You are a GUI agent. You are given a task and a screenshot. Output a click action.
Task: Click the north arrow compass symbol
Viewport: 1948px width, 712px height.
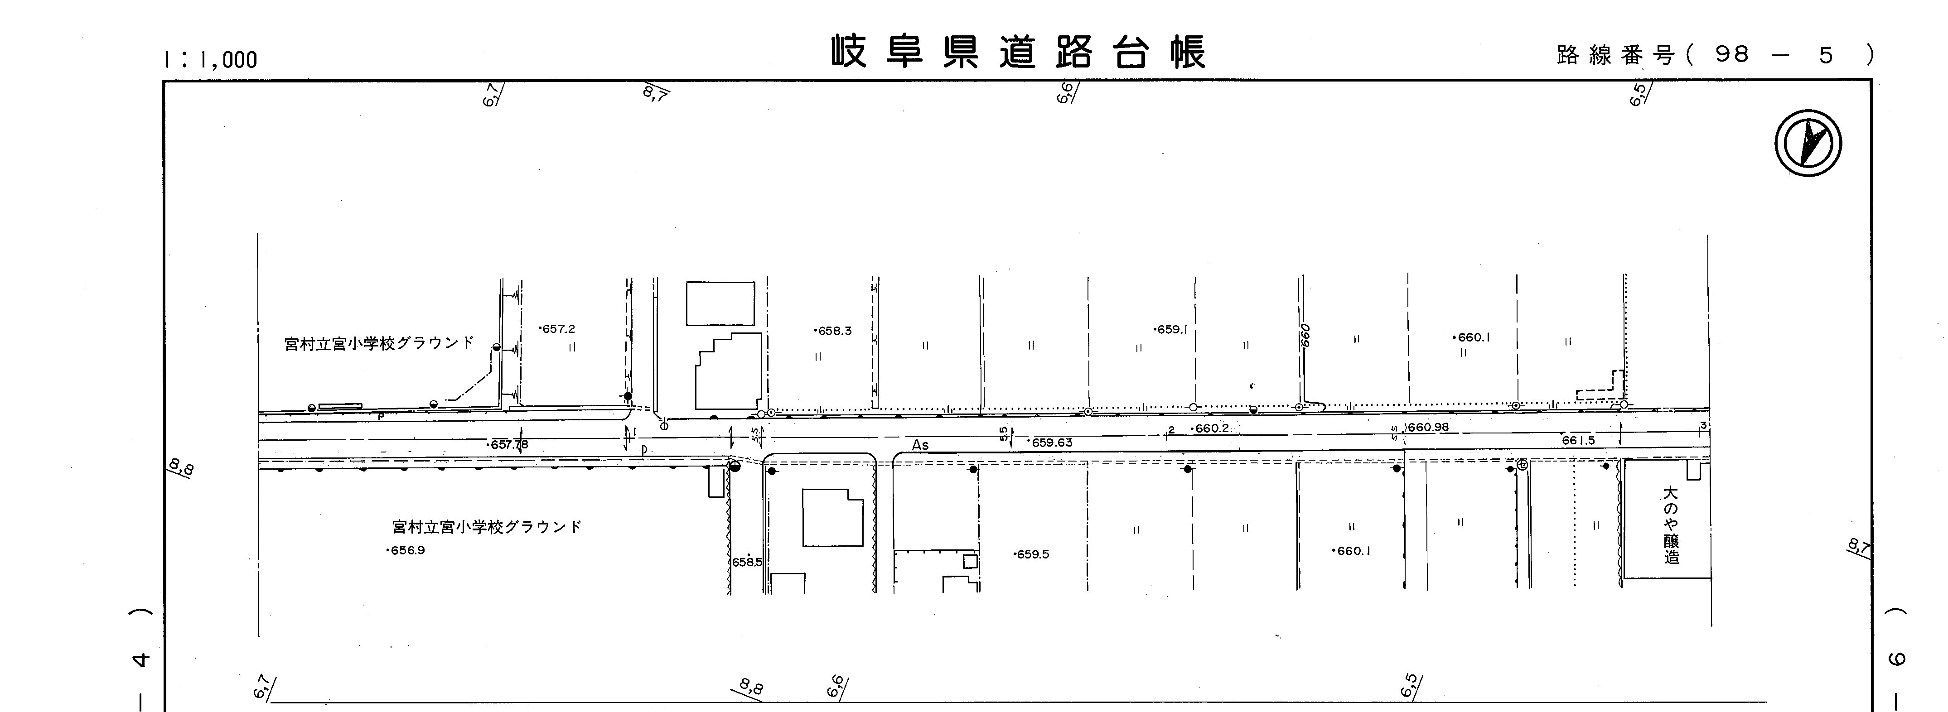point(1808,144)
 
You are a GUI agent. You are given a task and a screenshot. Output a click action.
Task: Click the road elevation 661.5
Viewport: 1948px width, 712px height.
point(1578,440)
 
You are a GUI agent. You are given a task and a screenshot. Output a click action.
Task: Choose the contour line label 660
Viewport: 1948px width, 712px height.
point(1305,335)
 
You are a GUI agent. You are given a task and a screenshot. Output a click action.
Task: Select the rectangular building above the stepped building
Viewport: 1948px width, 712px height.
point(720,304)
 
